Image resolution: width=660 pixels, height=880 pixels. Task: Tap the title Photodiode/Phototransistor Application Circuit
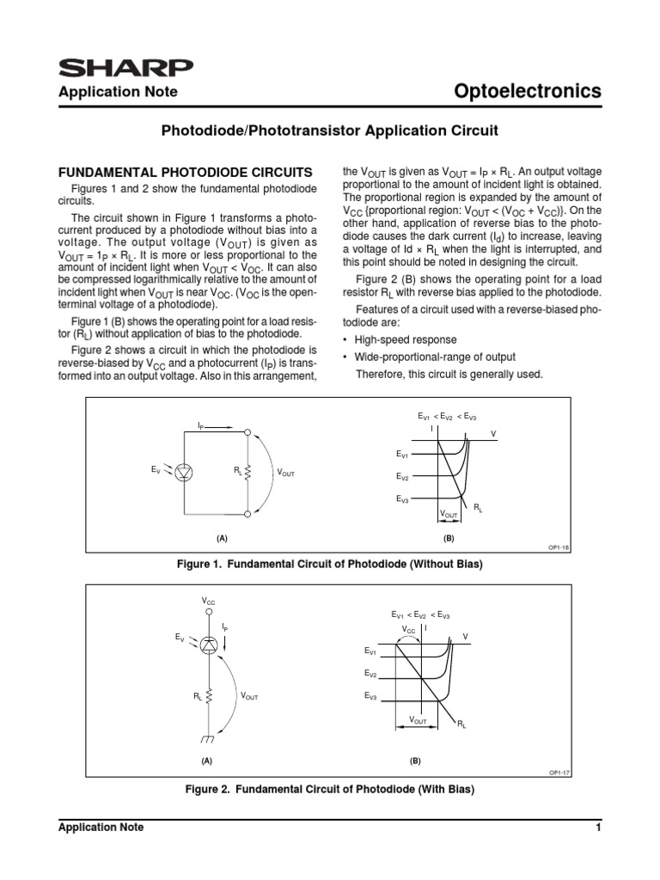click(330, 131)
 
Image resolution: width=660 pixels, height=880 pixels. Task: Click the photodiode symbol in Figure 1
click(182, 471)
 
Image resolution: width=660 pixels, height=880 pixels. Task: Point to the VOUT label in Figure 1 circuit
click(285, 474)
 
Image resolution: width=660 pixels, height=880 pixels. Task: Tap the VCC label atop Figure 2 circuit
click(209, 602)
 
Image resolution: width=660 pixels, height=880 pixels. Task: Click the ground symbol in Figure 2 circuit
click(209, 740)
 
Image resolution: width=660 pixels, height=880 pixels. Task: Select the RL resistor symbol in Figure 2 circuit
click(209, 697)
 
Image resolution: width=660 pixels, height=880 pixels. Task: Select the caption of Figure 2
click(330, 789)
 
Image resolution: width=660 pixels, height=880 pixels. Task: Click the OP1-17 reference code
click(560, 773)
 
